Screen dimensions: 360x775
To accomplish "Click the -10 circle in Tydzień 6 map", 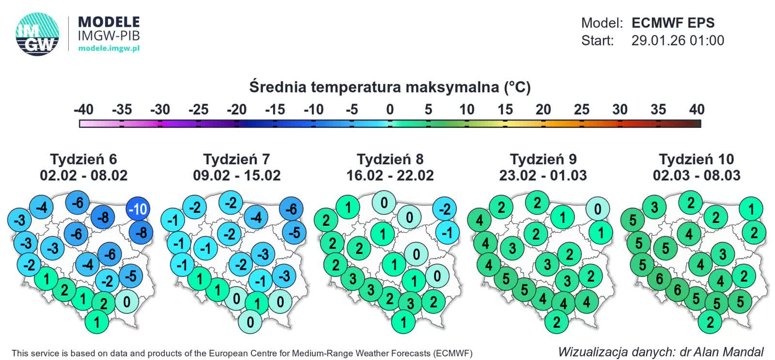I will pos(138,209).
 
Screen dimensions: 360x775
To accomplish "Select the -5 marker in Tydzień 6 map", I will pos(130,276).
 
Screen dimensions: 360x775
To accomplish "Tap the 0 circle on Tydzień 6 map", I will pos(127,302).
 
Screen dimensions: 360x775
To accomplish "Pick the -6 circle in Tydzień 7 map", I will pos(291,209).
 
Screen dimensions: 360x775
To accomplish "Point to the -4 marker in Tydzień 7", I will pos(256,218).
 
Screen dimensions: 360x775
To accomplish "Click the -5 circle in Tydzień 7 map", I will pos(294,233).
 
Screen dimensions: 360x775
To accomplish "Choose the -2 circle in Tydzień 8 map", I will pos(444,209).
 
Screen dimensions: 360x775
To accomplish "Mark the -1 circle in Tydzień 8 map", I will pos(447,233).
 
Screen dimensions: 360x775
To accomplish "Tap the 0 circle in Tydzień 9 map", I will pos(598,209).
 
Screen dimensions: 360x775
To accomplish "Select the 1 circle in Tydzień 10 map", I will pos(751,209).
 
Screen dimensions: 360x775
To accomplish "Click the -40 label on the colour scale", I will pos(83,110).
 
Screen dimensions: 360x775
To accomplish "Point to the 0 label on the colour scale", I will pos(390,110).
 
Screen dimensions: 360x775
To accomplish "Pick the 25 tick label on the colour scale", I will pos(581,110).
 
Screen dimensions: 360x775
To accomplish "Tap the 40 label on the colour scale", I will pos(697,110).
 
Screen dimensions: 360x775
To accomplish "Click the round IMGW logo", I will pos(37,34).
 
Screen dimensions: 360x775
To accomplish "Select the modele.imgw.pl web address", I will pos(109,48).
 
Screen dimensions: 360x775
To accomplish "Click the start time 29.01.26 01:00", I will pos(677,41).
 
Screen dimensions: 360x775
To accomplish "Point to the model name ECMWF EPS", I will pos(673,23).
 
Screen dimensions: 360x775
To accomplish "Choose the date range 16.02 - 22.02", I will pos(390,175).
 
